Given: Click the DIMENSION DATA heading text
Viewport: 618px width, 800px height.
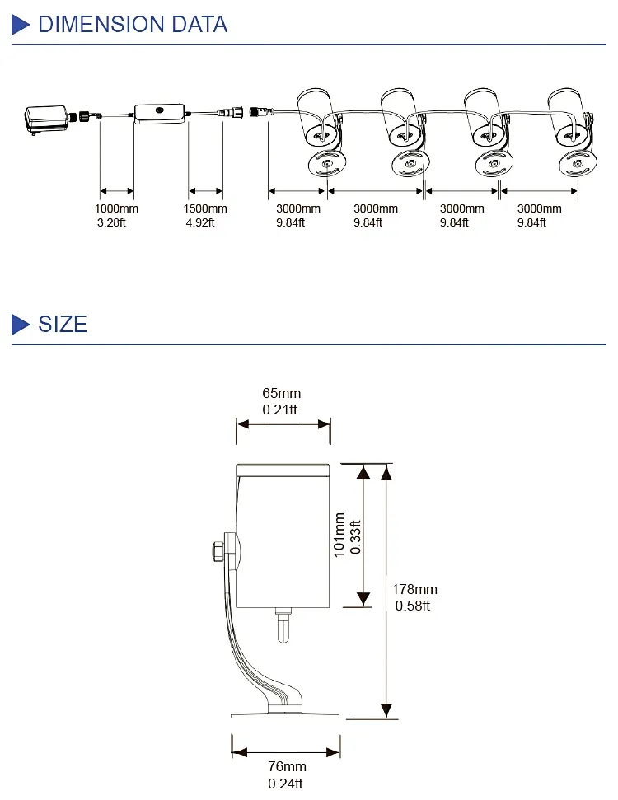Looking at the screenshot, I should (x=133, y=25).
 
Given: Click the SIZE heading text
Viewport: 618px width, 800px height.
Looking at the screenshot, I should (x=63, y=324).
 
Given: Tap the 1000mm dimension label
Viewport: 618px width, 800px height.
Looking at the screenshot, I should (x=116, y=208).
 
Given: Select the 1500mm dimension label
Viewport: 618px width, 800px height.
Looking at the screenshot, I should (x=205, y=208).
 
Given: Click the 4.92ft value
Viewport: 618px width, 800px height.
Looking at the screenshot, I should (x=200, y=222).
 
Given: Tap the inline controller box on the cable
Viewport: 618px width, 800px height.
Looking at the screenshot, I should (x=161, y=114).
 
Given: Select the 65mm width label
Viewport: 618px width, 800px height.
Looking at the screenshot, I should (x=282, y=394).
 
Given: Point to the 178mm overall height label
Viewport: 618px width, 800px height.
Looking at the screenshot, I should (x=414, y=589).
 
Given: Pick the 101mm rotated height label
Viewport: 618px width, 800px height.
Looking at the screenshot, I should (x=339, y=536).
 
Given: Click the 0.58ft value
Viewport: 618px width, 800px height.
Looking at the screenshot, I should (x=414, y=606).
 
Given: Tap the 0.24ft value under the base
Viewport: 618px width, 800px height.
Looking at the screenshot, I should (x=285, y=784).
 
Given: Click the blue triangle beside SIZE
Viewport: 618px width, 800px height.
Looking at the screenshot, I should (x=21, y=324).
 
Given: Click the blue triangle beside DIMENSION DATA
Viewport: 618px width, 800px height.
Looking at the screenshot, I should (x=21, y=25).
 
